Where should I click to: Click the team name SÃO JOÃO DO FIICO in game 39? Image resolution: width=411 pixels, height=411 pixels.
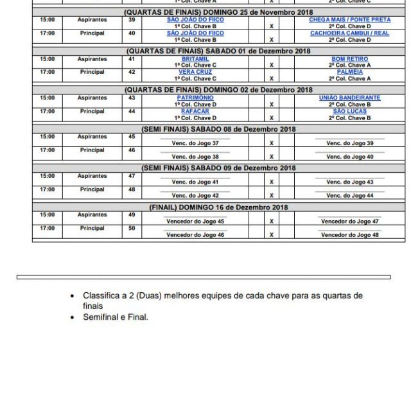195,20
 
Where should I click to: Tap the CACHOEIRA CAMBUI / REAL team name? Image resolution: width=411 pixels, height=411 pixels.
349,33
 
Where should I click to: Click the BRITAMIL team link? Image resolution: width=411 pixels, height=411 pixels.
195,59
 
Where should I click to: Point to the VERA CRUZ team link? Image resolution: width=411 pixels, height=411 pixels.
195,73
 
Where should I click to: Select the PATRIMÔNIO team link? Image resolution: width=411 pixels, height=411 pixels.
195,98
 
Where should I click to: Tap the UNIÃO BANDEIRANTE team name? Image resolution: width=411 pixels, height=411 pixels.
349,98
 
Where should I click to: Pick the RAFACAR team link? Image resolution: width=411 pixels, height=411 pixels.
195,111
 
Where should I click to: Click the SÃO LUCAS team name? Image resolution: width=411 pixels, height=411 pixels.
349,111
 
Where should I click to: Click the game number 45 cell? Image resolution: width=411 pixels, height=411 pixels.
132,137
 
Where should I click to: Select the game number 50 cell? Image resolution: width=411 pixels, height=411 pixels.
132,229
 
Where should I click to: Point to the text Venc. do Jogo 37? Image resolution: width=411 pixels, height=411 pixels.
195,143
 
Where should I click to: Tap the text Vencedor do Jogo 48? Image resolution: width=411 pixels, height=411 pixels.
349,235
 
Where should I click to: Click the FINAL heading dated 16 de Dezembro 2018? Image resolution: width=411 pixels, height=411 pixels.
218,207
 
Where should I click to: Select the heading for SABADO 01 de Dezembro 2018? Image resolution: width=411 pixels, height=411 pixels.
218,51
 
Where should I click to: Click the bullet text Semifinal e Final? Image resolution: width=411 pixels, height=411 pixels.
116,317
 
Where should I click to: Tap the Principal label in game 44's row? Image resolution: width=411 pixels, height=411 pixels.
92,111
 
